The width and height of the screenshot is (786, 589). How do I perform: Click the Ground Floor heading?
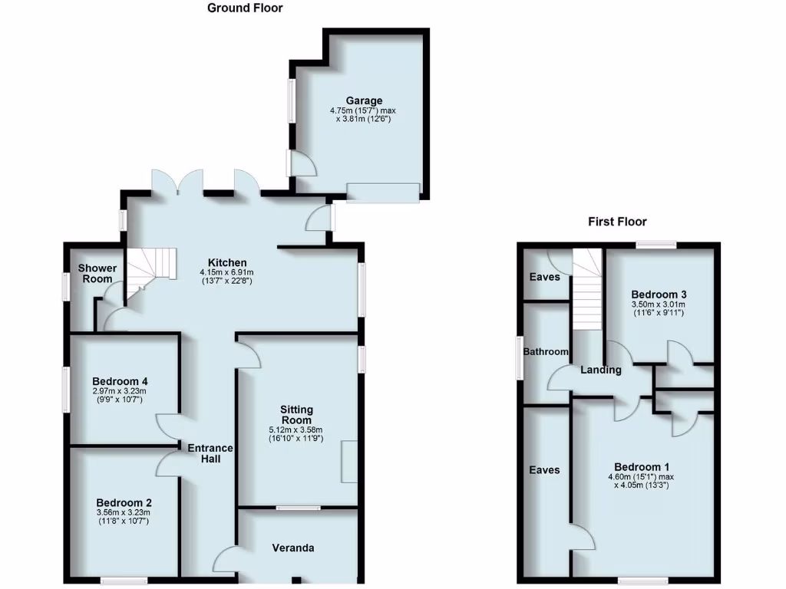245,8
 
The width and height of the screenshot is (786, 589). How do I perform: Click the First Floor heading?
617,222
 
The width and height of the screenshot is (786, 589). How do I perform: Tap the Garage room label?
364,100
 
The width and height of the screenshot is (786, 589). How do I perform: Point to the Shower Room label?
98,273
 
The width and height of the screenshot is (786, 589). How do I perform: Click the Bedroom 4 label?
120,381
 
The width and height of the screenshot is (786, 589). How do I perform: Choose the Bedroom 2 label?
121,502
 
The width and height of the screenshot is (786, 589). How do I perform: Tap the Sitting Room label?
296,415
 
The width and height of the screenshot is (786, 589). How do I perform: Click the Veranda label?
293,548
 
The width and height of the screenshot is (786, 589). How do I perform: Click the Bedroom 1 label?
642,467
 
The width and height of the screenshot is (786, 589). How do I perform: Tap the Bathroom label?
546,352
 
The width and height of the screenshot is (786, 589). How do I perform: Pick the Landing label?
601,370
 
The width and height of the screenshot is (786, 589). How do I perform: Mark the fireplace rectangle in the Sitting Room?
349,462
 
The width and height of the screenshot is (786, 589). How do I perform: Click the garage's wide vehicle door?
383,192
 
